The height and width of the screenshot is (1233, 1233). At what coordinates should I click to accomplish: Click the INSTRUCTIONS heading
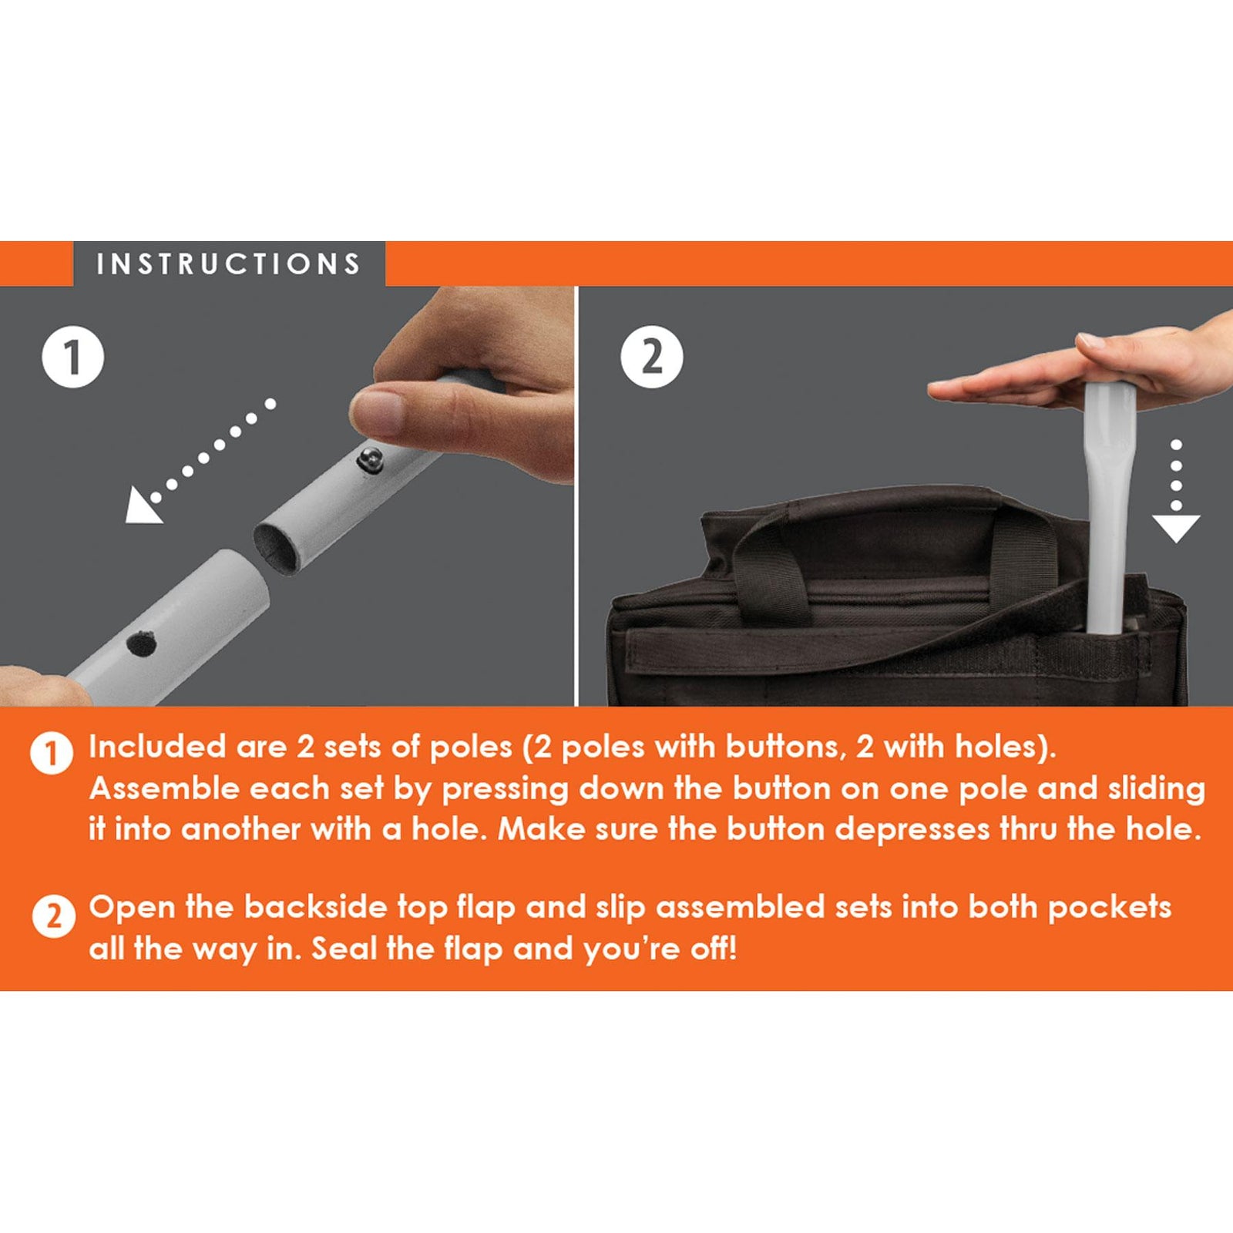pyautogui.click(x=229, y=264)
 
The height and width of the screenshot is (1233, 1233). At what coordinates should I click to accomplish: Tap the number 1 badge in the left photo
pyautogui.click(x=72, y=358)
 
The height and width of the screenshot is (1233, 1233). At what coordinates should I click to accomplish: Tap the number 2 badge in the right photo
pyautogui.click(x=652, y=358)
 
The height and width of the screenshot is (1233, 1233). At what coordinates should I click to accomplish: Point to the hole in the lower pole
pyautogui.click(x=141, y=643)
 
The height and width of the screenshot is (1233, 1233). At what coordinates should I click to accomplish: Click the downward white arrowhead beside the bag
pyautogui.click(x=1176, y=528)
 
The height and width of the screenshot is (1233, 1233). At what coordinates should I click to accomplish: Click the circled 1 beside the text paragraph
pyautogui.click(x=52, y=753)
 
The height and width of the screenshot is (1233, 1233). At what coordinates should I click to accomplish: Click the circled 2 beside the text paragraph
pyautogui.click(x=53, y=916)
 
